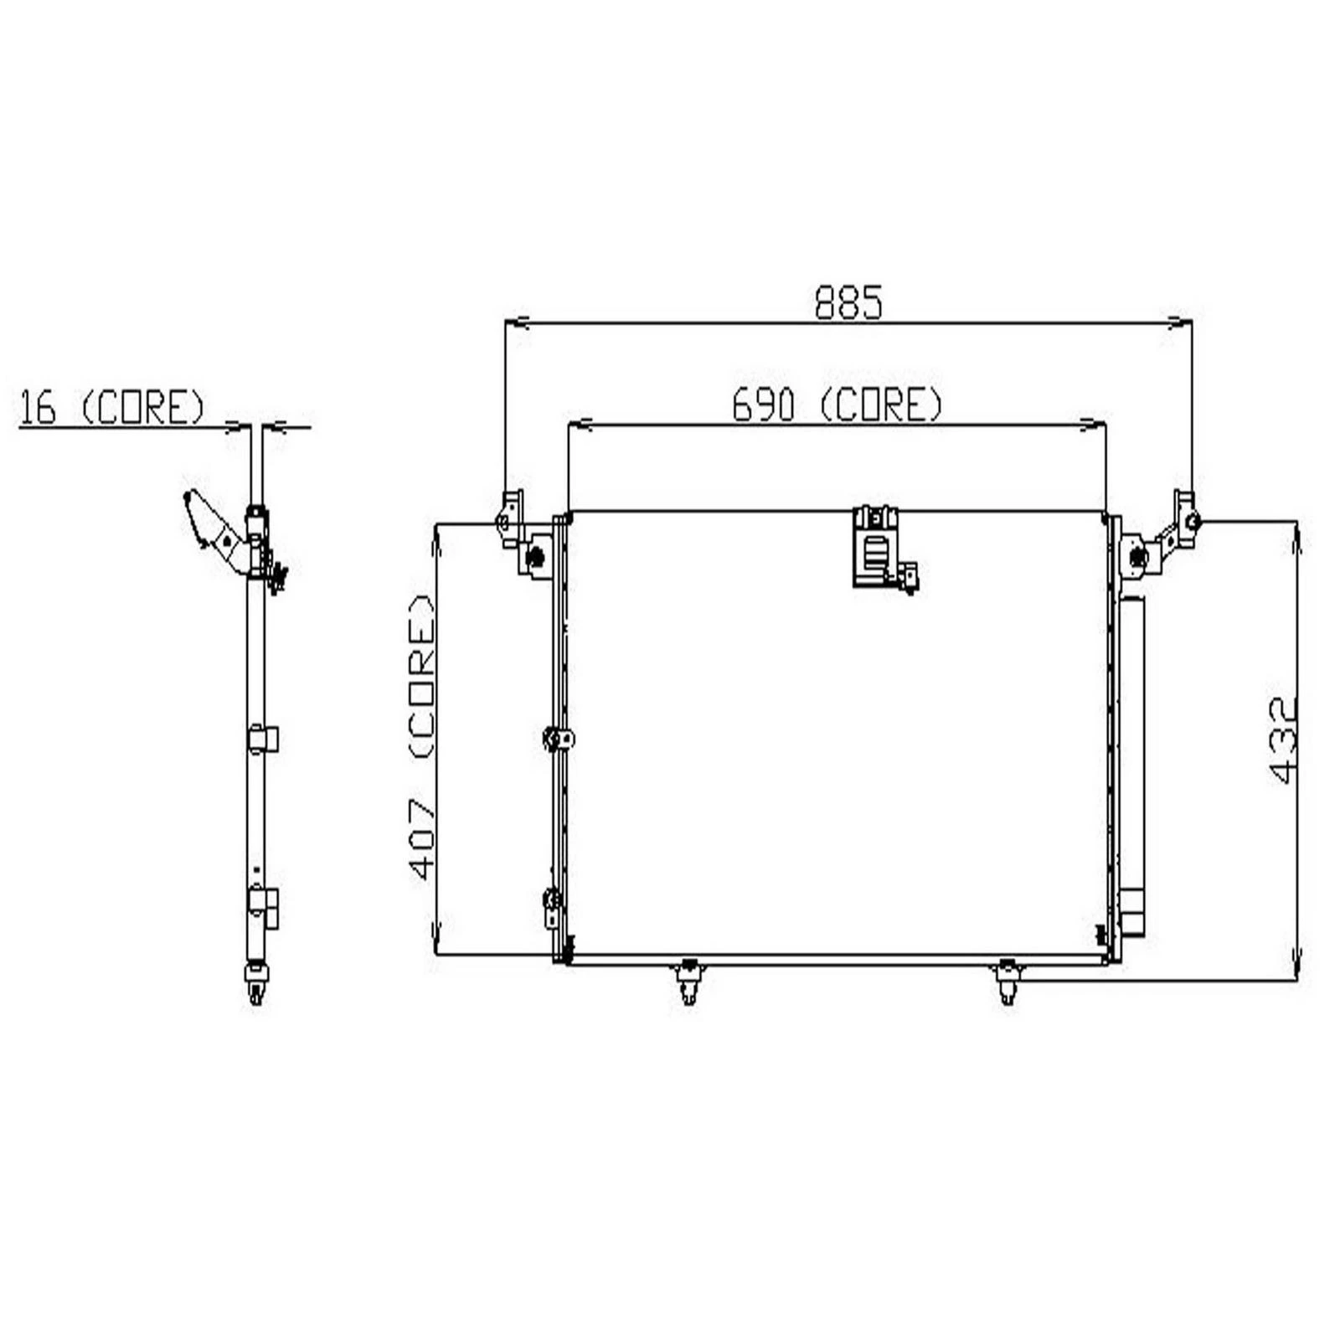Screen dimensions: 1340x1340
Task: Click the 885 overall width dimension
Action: coord(848,302)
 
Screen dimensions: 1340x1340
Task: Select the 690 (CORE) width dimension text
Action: coord(837,406)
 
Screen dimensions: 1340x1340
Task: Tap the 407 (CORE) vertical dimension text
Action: coord(423,737)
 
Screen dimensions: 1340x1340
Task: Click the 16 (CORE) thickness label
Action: coord(111,408)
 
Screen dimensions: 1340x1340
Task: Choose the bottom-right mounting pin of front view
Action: coord(1008,982)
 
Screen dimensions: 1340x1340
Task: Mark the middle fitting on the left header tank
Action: coord(558,740)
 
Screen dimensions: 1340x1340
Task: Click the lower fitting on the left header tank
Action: coord(552,907)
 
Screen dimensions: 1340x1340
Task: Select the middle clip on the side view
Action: coord(264,740)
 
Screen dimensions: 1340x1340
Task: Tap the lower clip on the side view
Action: coord(264,907)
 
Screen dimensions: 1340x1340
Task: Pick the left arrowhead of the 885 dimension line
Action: coord(519,322)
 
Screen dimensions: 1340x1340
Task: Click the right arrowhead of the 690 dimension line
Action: coord(1092,425)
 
